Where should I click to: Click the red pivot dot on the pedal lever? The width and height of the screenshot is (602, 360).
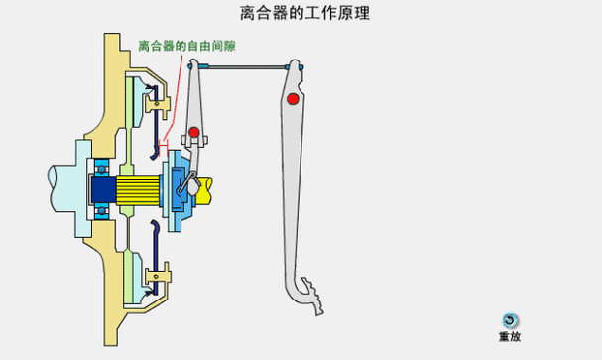pyautogui.click(x=292, y=99)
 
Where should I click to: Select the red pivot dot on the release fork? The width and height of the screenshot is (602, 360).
pyautogui.click(x=194, y=132)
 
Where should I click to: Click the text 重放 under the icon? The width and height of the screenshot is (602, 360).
pyautogui.click(x=509, y=337)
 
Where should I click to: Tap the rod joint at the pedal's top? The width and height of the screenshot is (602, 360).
pyautogui.click(x=295, y=66)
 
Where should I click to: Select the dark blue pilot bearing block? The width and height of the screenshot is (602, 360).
pyautogui.click(x=102, y=187)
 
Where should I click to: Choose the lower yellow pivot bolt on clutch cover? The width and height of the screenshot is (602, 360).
pyautogui.click(x=154, y=274)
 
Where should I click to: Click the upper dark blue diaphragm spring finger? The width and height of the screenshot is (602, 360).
pyautogui.click(x=154, y=144)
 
